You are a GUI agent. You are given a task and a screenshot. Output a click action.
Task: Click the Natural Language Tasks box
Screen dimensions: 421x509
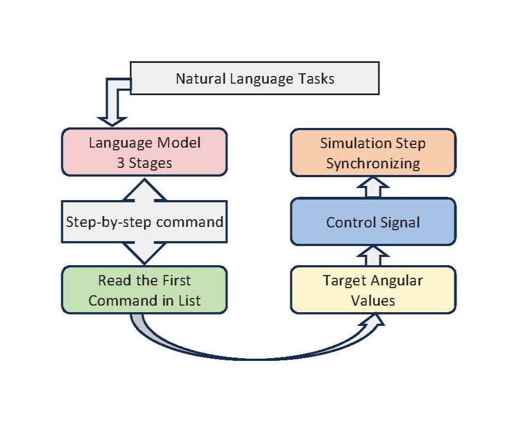tap(255, 79)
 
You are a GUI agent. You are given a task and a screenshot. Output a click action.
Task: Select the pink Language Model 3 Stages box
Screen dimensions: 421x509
tap(144, 153)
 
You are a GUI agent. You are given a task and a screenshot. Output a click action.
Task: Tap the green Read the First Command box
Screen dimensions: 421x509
tap(144, 290)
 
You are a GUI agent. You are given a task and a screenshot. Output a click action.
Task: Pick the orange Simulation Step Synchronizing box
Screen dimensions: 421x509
tap(373, 153)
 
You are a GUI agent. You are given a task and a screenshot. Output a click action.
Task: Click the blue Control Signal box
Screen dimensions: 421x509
tap(373, 222)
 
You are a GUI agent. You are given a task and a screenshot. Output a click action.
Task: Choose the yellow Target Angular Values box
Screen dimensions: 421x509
tap(373, 290)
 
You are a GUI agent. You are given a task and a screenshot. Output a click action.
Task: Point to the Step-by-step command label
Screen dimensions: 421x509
tap(144, 222)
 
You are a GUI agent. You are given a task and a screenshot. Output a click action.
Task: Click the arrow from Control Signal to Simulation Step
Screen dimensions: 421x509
tap(373, 188)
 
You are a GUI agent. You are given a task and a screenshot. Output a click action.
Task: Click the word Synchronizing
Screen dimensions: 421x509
tap(373, 163)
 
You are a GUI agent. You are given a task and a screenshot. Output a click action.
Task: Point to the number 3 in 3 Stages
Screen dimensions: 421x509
tap(120, 163)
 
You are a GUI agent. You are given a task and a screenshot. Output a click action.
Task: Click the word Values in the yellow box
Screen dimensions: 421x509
tap(373, 301)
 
